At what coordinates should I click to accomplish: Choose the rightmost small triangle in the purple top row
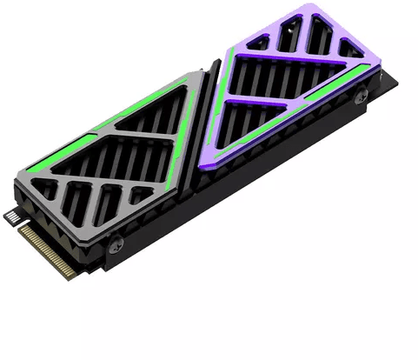pos(349,50)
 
